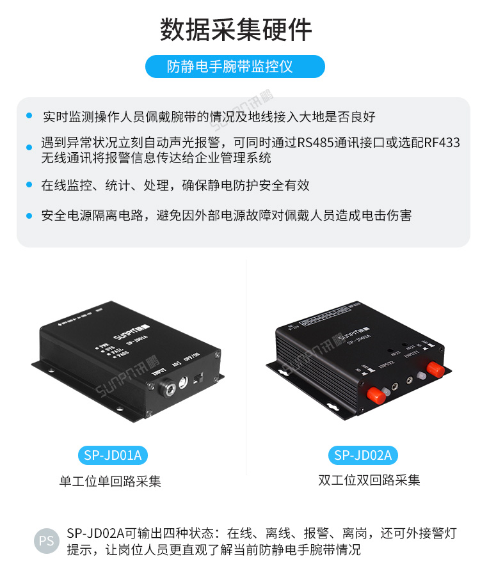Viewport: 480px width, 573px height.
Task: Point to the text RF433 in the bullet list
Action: tap(441, 143)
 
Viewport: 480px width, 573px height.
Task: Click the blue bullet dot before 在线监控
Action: tap(29, 185)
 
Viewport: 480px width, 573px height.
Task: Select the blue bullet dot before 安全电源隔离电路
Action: tap(29, 216)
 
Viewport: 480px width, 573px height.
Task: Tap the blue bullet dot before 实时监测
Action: tap(29, 116)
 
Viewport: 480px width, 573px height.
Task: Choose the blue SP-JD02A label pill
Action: tap(363, 455)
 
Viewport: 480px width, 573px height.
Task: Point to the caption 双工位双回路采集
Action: tap(369, 480)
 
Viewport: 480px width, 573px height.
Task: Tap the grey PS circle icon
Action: tap(47, 540)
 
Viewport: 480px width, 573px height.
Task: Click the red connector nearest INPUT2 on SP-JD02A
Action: tap(375, 396)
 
